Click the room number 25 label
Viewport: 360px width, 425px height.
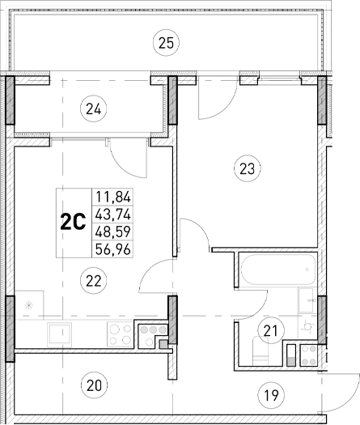tap(166, 43)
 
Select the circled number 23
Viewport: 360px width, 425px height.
tap(246, 168)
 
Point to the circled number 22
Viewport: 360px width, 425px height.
tap(95, 280)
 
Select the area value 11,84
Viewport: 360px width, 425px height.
tap(114, 197)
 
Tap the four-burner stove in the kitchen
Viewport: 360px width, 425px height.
tap(121, 333)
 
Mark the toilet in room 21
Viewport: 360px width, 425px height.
tap(307, 324)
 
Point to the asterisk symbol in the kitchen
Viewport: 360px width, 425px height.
tap(30, 305)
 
